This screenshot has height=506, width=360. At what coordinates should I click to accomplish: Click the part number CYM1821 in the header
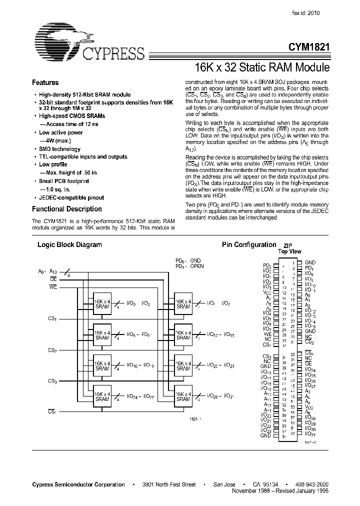308,46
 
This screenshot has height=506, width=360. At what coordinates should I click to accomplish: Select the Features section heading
45,83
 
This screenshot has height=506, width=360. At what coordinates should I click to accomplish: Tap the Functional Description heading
67,209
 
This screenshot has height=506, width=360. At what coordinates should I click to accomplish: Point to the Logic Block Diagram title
70,245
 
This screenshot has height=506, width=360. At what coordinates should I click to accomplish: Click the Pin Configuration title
248,244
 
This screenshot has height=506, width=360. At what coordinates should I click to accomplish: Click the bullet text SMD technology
59,149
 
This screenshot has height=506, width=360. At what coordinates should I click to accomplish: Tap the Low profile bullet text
53,164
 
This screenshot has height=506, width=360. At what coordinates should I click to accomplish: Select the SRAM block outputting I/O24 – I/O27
102,396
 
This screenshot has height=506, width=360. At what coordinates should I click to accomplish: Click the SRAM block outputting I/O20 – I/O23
183,366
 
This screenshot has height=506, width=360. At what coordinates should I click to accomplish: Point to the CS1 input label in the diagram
52,318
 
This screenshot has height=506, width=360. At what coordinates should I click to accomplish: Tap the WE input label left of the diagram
53,287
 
